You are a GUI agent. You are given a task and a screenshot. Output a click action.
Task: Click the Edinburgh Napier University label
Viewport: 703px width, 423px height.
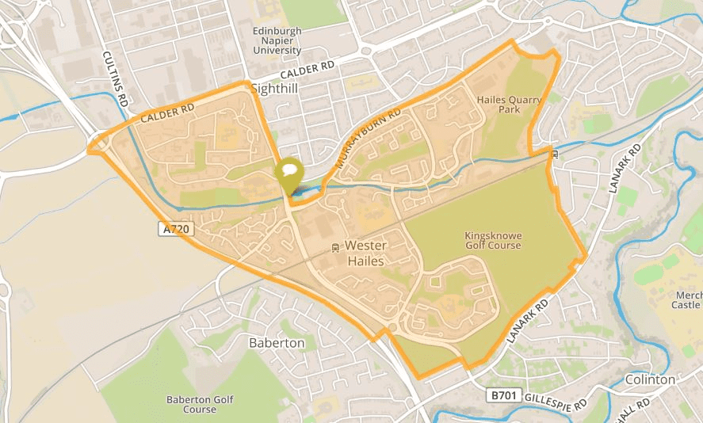[x=277, y=40]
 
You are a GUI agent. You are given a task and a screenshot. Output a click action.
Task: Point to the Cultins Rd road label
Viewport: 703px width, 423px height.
[x=116, y=79]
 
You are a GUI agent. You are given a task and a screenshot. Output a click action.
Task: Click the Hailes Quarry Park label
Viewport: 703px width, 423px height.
[x=499, y=105]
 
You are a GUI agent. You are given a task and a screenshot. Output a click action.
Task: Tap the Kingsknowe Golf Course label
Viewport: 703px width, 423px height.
[x=493, y=240]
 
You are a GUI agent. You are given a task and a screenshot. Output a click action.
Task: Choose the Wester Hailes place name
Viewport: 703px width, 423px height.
[x=365, y=253]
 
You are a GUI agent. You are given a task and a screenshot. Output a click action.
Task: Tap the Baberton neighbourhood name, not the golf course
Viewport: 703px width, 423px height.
[x=277, y=343]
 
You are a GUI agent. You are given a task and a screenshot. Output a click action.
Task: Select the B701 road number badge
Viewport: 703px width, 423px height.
[x=500, y=394]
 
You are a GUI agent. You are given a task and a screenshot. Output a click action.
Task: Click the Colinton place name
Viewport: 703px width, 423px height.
[x=650, y=379]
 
